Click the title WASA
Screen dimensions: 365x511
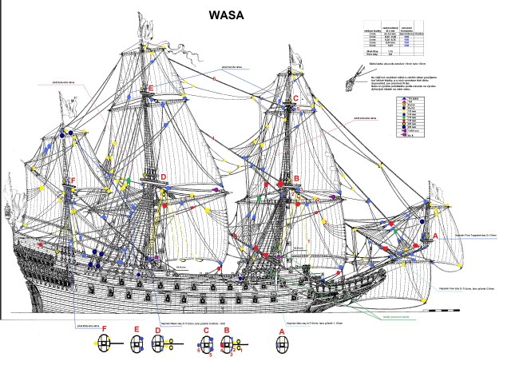(x=228, y=15)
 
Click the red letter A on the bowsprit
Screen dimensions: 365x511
(x=435, y=236)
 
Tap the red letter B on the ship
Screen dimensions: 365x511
(x=297, y=180)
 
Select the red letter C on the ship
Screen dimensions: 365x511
(x=295, y=98)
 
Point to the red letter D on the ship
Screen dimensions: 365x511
(x=163, y=177)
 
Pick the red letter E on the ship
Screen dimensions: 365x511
(x=150, y=89)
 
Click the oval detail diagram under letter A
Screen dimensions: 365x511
(x=281, y=346)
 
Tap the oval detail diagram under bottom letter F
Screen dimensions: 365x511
(x=104, y=345)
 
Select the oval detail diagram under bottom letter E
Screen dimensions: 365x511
(x=137, y=345)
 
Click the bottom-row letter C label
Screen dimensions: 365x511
(x=206, y=330)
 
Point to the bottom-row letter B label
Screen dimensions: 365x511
(x=227, y=330)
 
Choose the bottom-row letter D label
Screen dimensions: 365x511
(x=159, y=330)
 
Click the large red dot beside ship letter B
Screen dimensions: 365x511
(x=281, y=184)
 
